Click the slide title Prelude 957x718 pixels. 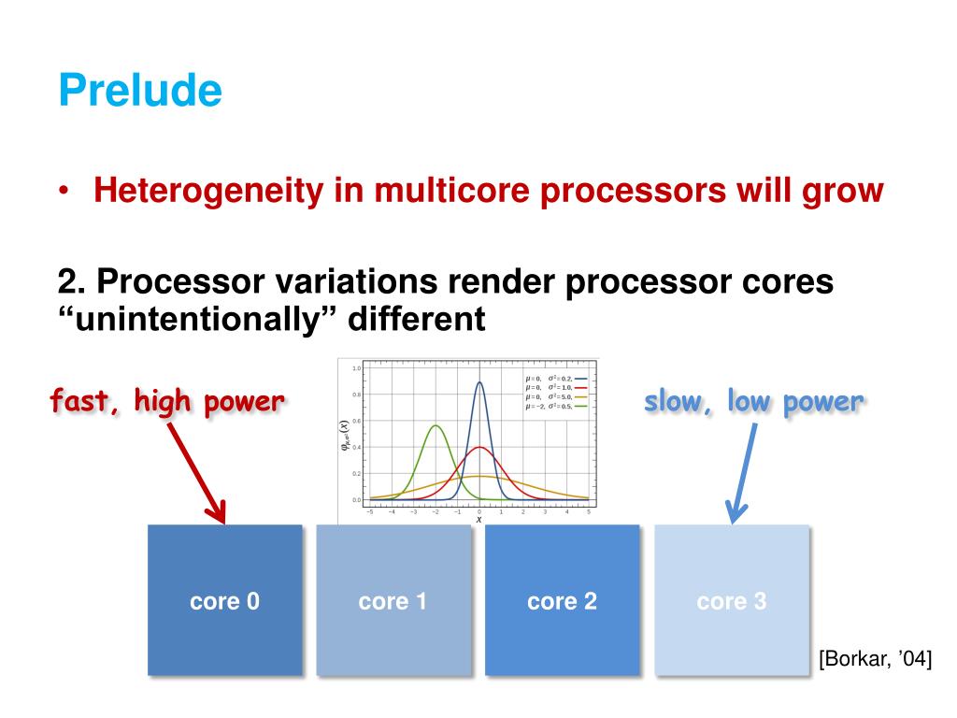[x=140, y=92]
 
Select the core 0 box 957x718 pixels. [x=224, y=600]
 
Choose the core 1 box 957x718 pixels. [x=393, y=600]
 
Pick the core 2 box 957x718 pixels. [x=562, y=600]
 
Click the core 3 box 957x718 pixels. [x=731, y=600]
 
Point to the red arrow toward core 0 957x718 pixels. [x=198, y=472]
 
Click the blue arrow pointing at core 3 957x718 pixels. [x=743, y=472]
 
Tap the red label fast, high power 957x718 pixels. [x=166, y=402]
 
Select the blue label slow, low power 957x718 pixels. [x=753, y=402]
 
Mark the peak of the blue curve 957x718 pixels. [x=479, y=382]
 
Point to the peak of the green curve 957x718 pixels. [x=436, y=426]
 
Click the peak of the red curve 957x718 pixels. [x=479, y=448]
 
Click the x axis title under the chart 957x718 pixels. [x=479, y=520]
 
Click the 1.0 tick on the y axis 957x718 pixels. [x=356, y=368]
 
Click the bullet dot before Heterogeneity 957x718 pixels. [x=64, y=192]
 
